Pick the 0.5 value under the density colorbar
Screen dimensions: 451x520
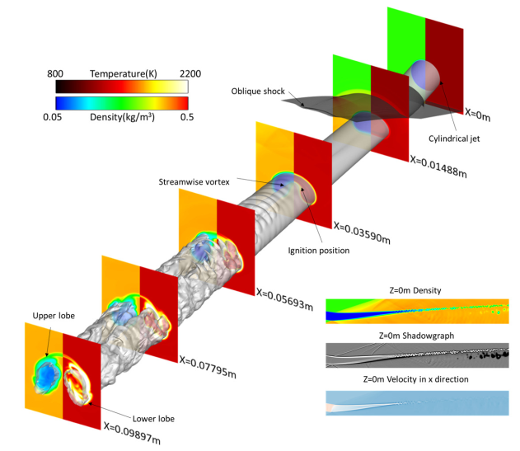(180, 116)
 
